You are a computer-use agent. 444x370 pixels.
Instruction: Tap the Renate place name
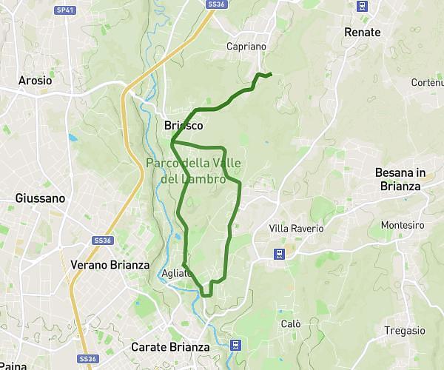click(x=363, y=32)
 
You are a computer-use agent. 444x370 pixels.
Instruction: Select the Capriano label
click(x=246, y=46)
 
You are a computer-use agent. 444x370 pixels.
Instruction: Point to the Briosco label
click(x=183, y=126)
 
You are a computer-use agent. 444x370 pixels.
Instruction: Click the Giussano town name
click(x=40, y=198)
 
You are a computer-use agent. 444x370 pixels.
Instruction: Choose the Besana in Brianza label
click(x=400, y=179)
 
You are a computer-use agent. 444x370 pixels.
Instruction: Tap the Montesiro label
click(x=402, y=225)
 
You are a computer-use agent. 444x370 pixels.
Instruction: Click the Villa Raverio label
click(x=296, y=229)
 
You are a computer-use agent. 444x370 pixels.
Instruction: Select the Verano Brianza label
click(x=110, y=264)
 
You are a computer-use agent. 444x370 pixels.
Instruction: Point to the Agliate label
click(x=177, y=273)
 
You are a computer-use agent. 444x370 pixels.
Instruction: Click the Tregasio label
click(x=405, y=331)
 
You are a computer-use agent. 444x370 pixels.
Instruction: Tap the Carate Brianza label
click(x=170, y=346)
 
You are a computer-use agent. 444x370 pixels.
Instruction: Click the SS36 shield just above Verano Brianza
click(x=102, y=240)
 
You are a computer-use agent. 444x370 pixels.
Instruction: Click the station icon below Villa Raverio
click(x=280, y=254)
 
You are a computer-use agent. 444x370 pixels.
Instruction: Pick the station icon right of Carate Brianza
click(x=236, y=344)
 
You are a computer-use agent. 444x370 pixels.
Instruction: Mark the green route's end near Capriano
click(x=271, y=73)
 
